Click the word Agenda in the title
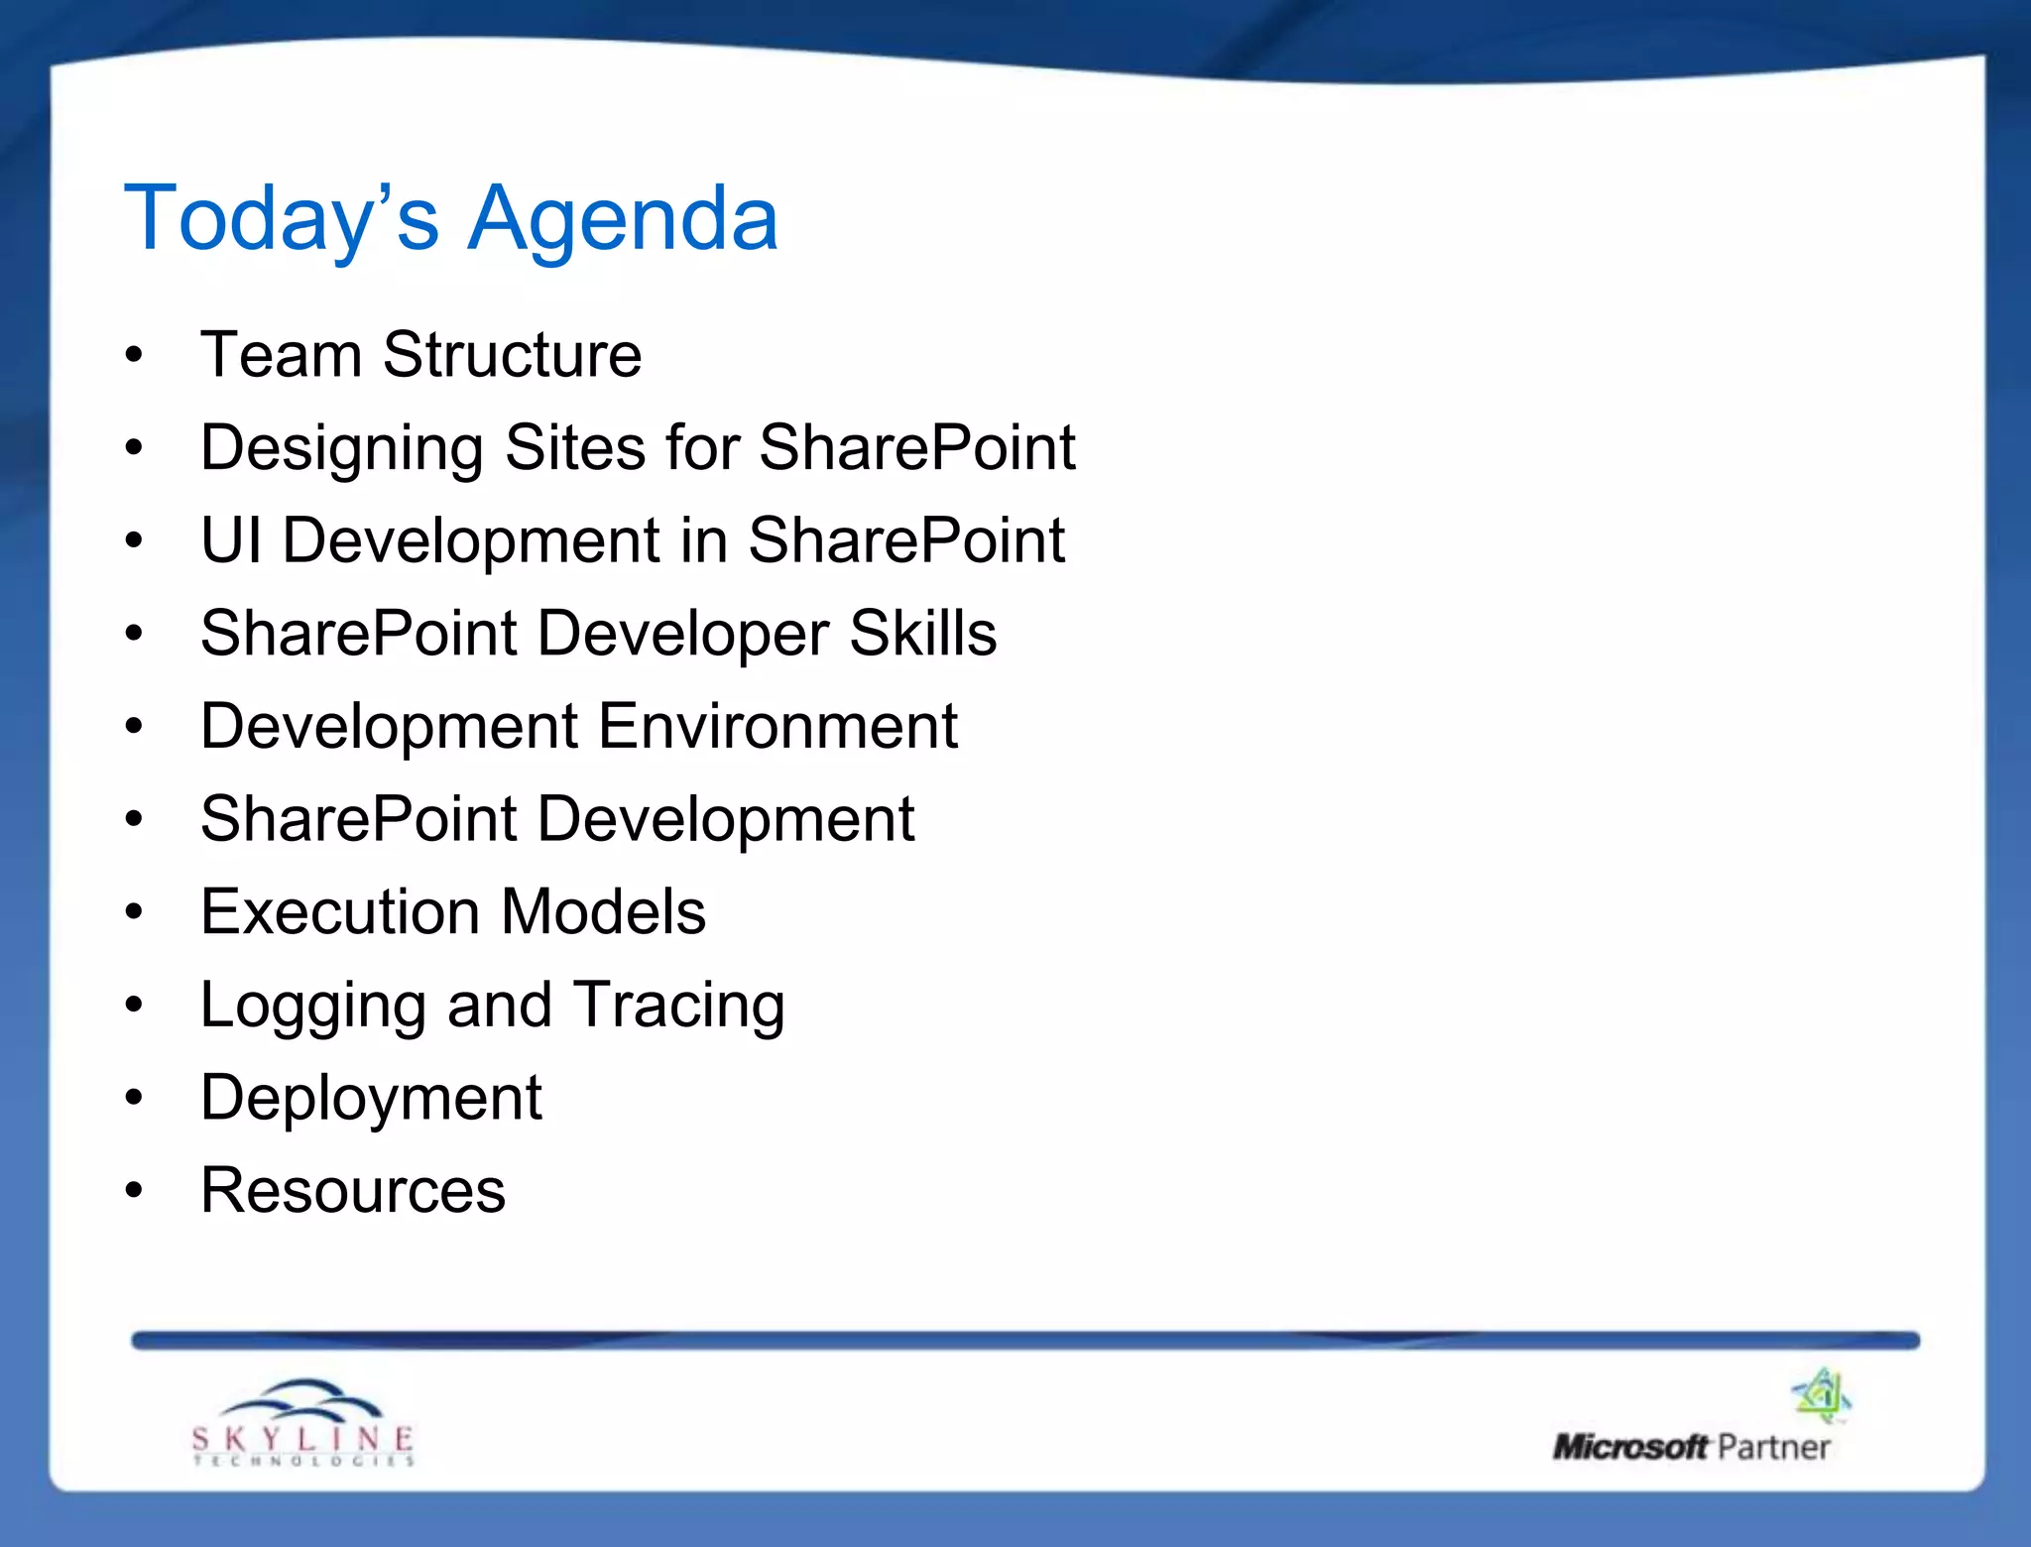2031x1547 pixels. click(x=623, y=220)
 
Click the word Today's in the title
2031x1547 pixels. click(x=281, y=220)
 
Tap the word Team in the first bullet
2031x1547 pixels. click(x=281, y=355)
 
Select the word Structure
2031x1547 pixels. click(x=512, y=355)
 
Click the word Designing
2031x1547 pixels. click(x=341, y=449)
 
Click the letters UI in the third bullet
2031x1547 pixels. click(x=231, y=540)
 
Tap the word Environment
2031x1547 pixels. click(x=777, y=726)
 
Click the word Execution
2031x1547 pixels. click(x=340, y=912)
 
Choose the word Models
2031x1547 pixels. click(x=603, y=912)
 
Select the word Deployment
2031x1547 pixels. click(x=371, y=1100)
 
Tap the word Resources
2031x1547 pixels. click(x=353, y=1190)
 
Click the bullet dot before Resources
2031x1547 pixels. click(x=135, y=1190)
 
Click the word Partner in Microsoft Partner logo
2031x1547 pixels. click(x=1773, y=1448)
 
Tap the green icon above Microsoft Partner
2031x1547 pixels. click(x=1822, y=1395)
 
